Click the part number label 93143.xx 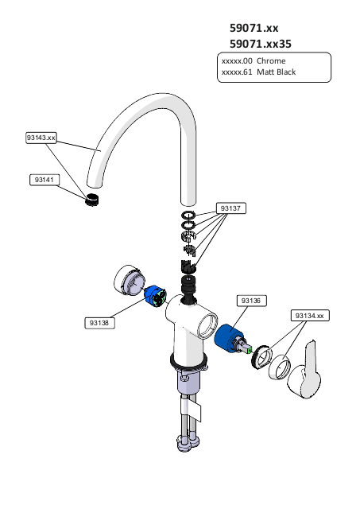coord(41,138)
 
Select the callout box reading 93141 coord(45,180)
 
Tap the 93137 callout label coord(231,208)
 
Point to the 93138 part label coord(99,323)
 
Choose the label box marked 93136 coord(251,301)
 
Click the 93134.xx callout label coord(310,316)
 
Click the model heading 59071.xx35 coord(261,44)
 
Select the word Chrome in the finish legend coord(271,61)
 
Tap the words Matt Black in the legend coord(276,72)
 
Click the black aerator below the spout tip coord(92,199)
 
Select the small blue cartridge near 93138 coord(155,296)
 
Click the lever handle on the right coord(305,371)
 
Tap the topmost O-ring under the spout coord(188,215)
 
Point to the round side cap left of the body coord(129,280)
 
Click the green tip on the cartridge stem coord(250,350)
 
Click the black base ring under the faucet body coord(188,363)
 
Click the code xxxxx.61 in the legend coord(237,72)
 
